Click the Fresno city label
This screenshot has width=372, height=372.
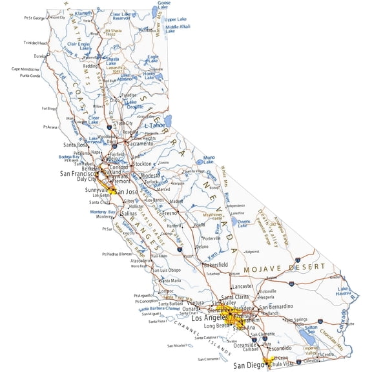click(x=170, y=212)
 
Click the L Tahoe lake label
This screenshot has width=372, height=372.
click(x=156, y=125)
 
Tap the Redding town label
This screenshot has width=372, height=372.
click(x=90, y=66)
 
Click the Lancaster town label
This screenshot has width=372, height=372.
click(x=242, y=285)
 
